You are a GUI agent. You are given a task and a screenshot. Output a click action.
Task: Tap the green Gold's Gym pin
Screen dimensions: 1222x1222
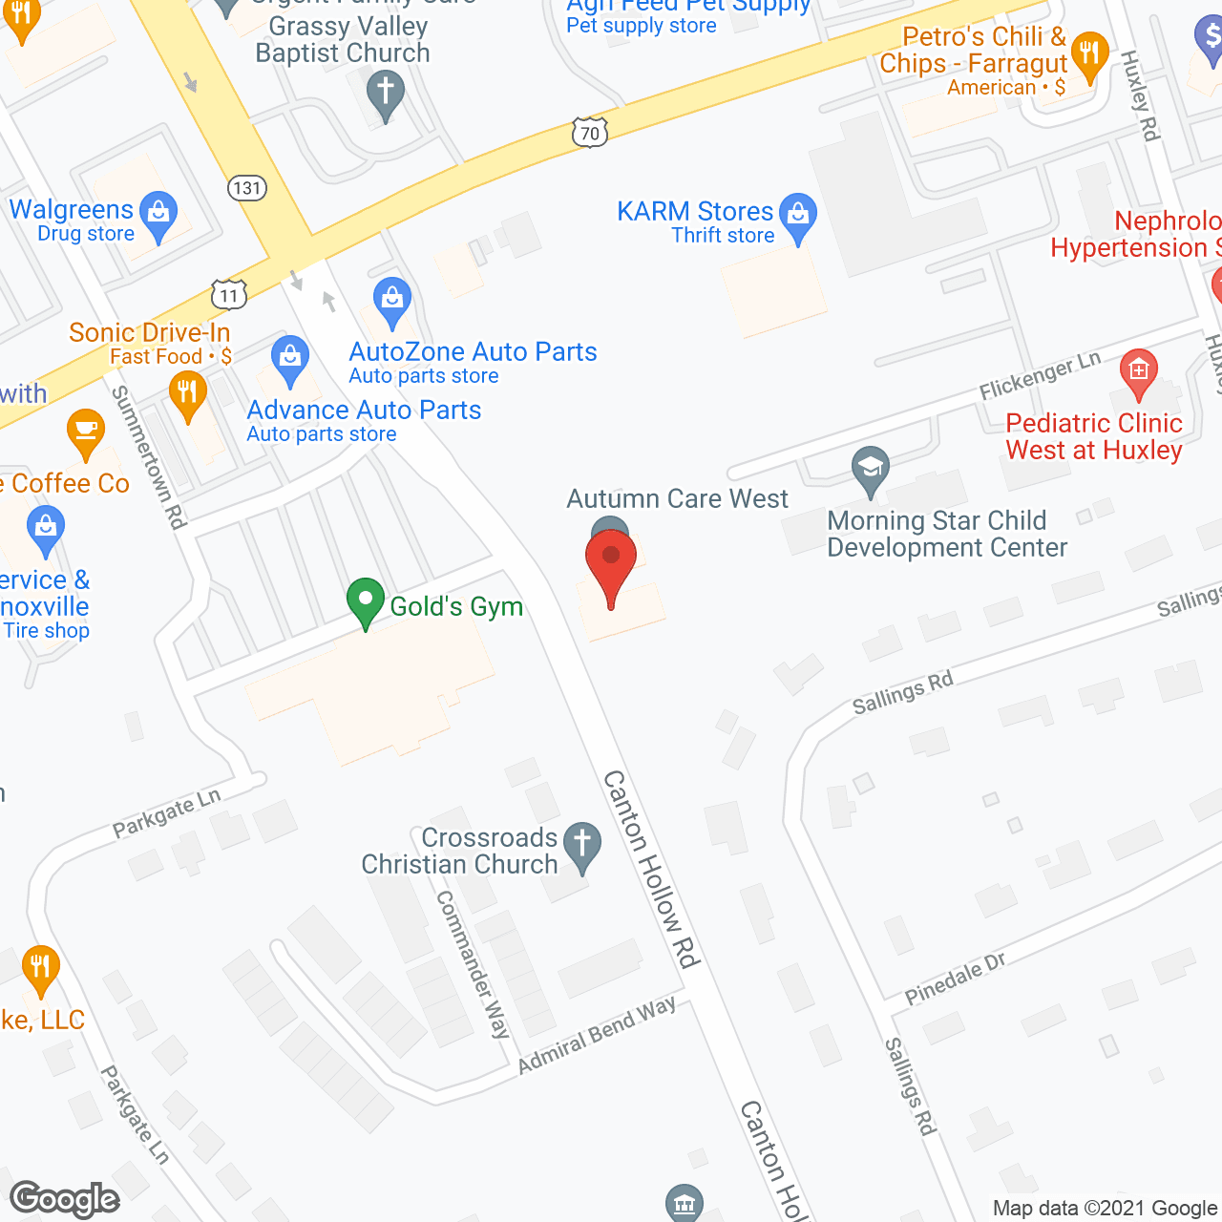365,602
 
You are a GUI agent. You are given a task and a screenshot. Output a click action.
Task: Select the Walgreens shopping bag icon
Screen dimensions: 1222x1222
158,217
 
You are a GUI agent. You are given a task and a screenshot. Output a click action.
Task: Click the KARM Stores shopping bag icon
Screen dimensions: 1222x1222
798,216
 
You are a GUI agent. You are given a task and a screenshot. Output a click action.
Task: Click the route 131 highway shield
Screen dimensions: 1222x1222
246,187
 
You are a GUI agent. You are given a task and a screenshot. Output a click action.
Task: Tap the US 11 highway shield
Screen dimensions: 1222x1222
229,295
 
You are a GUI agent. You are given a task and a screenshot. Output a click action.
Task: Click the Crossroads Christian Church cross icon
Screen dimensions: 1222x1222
581,846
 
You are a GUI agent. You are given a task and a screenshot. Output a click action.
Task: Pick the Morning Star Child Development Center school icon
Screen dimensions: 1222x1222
870,470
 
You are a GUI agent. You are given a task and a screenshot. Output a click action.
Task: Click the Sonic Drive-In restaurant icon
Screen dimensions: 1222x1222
188,395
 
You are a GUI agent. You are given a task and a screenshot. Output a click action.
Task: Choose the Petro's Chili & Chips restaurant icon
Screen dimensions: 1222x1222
1089,55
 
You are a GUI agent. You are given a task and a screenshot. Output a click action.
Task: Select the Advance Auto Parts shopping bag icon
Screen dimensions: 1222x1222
289,359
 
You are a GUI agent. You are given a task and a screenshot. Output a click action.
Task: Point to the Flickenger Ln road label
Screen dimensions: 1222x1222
1040,375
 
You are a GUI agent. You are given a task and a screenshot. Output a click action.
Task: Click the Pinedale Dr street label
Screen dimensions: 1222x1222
955,979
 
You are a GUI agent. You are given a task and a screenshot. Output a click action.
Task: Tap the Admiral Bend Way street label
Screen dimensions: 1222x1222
597,1035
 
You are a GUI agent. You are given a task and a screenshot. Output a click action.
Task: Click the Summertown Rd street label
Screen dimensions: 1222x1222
148,457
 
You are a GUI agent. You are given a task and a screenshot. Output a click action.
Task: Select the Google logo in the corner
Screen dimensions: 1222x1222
65,1199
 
